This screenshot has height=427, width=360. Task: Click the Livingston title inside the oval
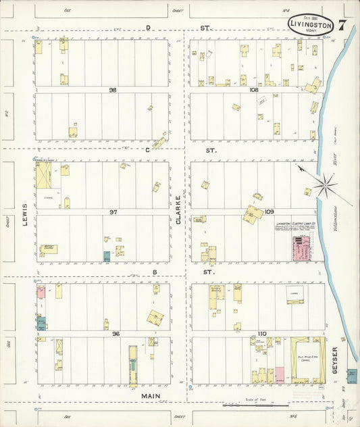point(310,24)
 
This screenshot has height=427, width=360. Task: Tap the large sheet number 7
point(343,26)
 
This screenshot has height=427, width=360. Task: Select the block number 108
point(254,89)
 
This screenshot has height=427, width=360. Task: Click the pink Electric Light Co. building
point(297,248)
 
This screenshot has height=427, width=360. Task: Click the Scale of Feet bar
point(257,405)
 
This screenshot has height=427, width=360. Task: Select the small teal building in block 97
point(106,257)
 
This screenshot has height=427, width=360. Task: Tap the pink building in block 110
point(279,375)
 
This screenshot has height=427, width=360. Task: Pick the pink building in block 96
point(41,293)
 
